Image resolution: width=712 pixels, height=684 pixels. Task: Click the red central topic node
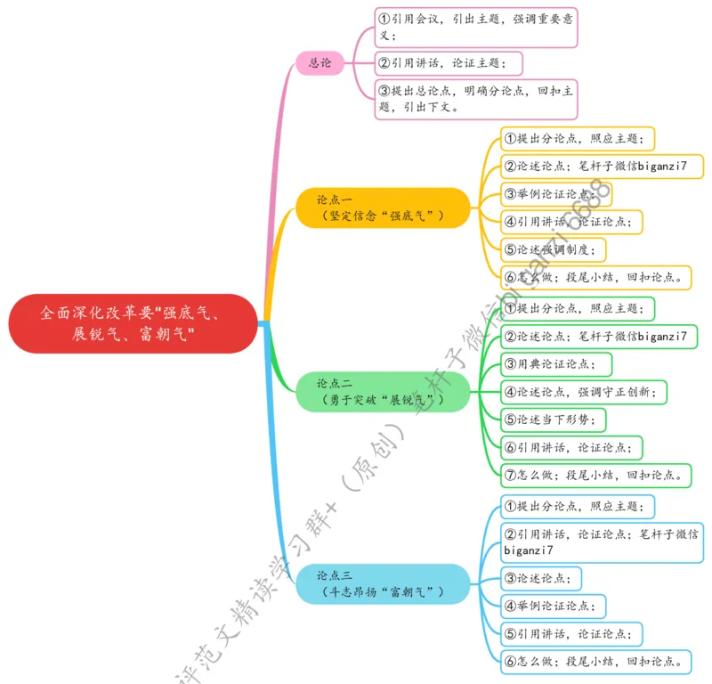(x=133, y=323)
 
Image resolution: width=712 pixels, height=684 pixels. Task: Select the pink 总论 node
(x=320, y=62)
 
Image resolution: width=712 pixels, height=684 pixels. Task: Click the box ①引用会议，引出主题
(x=476, y=28)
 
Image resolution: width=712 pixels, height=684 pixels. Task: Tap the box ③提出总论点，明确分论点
(x=476, y=99)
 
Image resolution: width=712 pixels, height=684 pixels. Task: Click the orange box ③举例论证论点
(x=556, y=194)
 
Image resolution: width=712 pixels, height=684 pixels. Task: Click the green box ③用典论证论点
(x=556, y=364)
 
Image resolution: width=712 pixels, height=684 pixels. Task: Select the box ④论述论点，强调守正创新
(x=584, y=392)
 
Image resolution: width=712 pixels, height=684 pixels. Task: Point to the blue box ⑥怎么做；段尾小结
(x=596, y=661)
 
